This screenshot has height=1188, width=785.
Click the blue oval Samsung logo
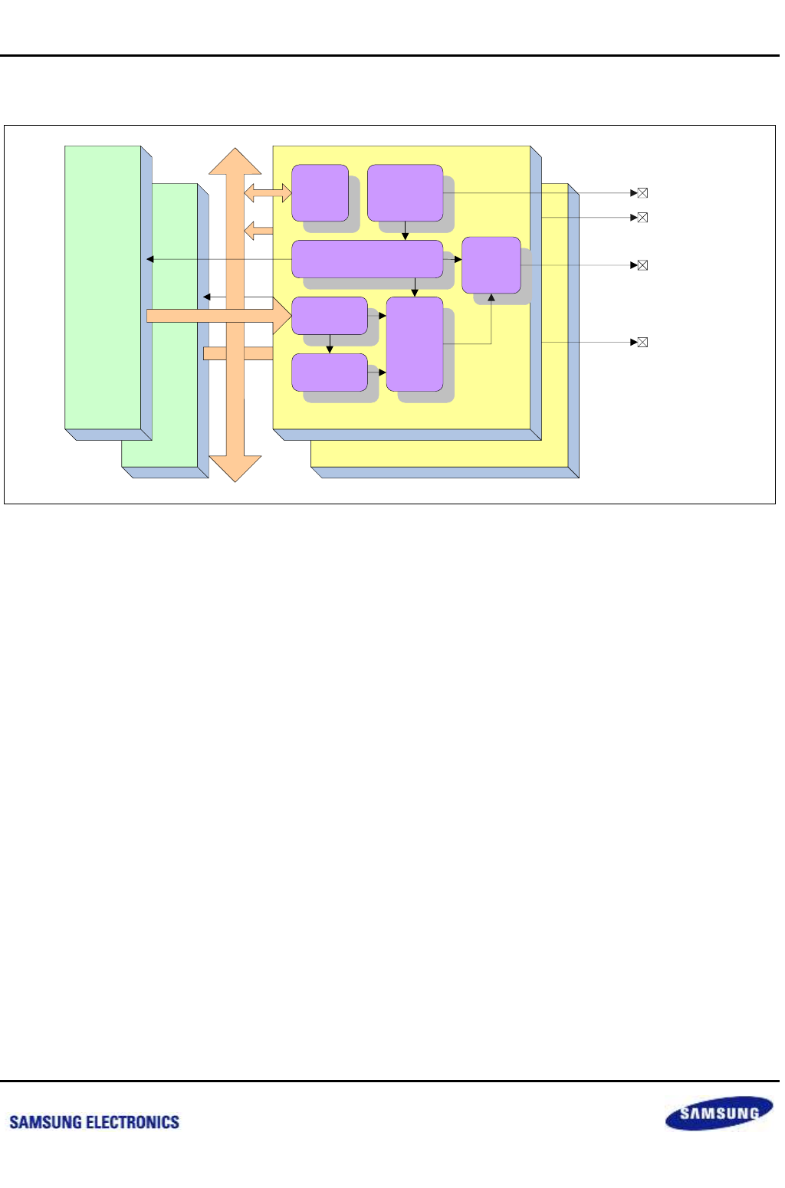(x=718, y=1113)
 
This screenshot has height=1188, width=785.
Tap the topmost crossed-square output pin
(x=643, y=193)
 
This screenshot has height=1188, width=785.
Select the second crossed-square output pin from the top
(x=643, y=218)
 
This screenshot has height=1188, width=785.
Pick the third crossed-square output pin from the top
(x=643, y=265)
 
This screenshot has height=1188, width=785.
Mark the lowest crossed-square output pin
(x=643, y=342)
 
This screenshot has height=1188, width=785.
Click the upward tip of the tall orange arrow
(x=235, y=153)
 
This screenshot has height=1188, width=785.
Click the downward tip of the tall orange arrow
(x=235, y=477)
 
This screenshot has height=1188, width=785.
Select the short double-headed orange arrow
(x=268, y=193)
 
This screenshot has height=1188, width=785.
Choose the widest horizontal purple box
(x=367, y=259)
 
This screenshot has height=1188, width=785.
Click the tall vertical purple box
(x=415, y=343)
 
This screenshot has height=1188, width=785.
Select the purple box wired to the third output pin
(x=491, y=265)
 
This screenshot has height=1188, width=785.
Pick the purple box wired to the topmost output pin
(x=405, y=193)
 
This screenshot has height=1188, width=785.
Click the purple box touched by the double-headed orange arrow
(x=320, y=193)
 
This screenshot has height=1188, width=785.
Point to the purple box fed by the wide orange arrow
(x=330, y=316)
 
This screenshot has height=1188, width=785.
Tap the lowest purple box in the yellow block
(x=330, y=372)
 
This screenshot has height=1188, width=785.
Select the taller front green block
(x=103, y=287)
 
